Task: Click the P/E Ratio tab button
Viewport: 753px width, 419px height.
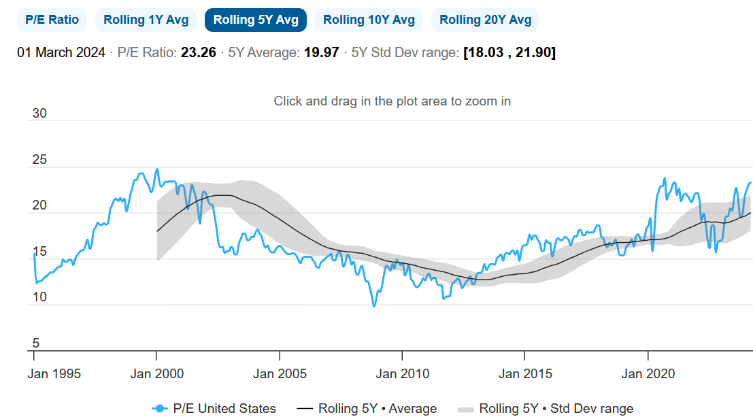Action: [52, 20]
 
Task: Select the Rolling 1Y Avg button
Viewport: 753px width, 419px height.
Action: [146, 20]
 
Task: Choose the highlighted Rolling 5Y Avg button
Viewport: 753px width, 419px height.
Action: [256, 20]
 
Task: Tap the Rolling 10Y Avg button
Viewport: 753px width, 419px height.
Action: [369, 20]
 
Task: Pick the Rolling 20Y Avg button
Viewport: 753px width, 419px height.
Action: [485, 20]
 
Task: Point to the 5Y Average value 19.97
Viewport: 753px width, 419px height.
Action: [321, 52]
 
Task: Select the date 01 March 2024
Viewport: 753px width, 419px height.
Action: [61, 52]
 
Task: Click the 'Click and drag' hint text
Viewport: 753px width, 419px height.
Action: [392, 101]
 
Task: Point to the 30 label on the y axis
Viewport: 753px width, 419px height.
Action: [40, 114]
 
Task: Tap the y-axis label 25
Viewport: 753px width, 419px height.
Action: [40, 160]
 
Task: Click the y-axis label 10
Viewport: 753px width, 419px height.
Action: [40, 297]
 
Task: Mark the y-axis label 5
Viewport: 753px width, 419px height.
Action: [37, 343]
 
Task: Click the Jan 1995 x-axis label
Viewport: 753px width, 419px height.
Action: [54, 373]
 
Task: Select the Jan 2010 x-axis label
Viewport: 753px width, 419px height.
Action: [403, 373]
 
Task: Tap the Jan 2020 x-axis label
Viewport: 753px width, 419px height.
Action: [648, 373]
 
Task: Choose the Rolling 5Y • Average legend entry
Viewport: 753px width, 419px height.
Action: [367, 408]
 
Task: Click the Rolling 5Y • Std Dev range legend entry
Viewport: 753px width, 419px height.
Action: [545, 408]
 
